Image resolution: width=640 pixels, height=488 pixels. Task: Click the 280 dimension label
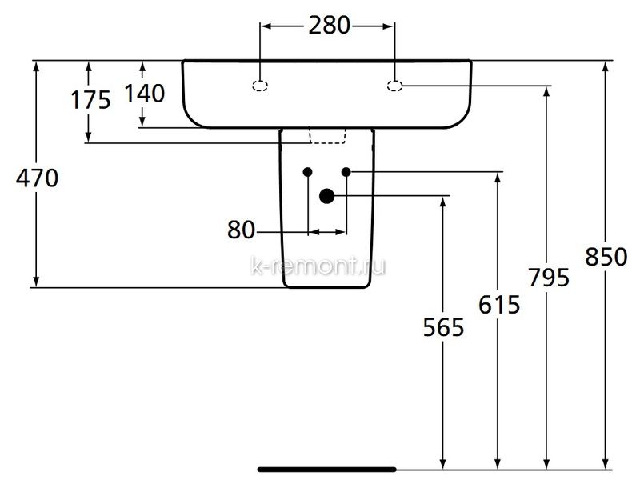(x=329, y=26)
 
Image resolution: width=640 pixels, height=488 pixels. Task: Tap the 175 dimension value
(x=90, y=100)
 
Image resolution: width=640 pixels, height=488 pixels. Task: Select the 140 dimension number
(x=145, y=93)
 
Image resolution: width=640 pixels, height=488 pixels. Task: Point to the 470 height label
(x=37, y=178)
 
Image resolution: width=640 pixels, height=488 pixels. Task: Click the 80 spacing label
(x=241, y=230)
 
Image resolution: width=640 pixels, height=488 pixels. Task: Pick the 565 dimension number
(x=443, y=327)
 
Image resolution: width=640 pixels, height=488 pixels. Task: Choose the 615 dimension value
(x=499, y=304)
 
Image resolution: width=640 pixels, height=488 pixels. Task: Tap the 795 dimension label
(x=549, y=278)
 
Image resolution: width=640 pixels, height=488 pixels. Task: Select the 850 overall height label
(x=606, y=257)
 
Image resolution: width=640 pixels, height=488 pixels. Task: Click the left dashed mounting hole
(x=261, y=86)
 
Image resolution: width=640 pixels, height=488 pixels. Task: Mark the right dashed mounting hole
(x=394, y=86)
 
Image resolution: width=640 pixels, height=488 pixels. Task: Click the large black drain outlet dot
(x=326, y=196)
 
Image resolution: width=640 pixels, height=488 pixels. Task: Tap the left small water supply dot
(x=308, y=172)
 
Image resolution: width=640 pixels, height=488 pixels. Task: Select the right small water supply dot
(x=346, y=172)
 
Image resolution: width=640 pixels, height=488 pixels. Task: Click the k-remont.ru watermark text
(x=318, y=266)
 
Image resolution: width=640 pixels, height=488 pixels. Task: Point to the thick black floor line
(x=326, y=470)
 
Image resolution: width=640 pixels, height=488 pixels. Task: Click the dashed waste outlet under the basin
(x=327, y=136)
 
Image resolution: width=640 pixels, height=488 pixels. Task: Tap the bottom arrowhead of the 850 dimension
(x=606, y=463)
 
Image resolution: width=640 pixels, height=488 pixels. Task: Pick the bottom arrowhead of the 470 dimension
(x=36, y=281)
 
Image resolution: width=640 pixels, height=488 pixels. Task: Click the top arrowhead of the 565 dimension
(x=443, y=202)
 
